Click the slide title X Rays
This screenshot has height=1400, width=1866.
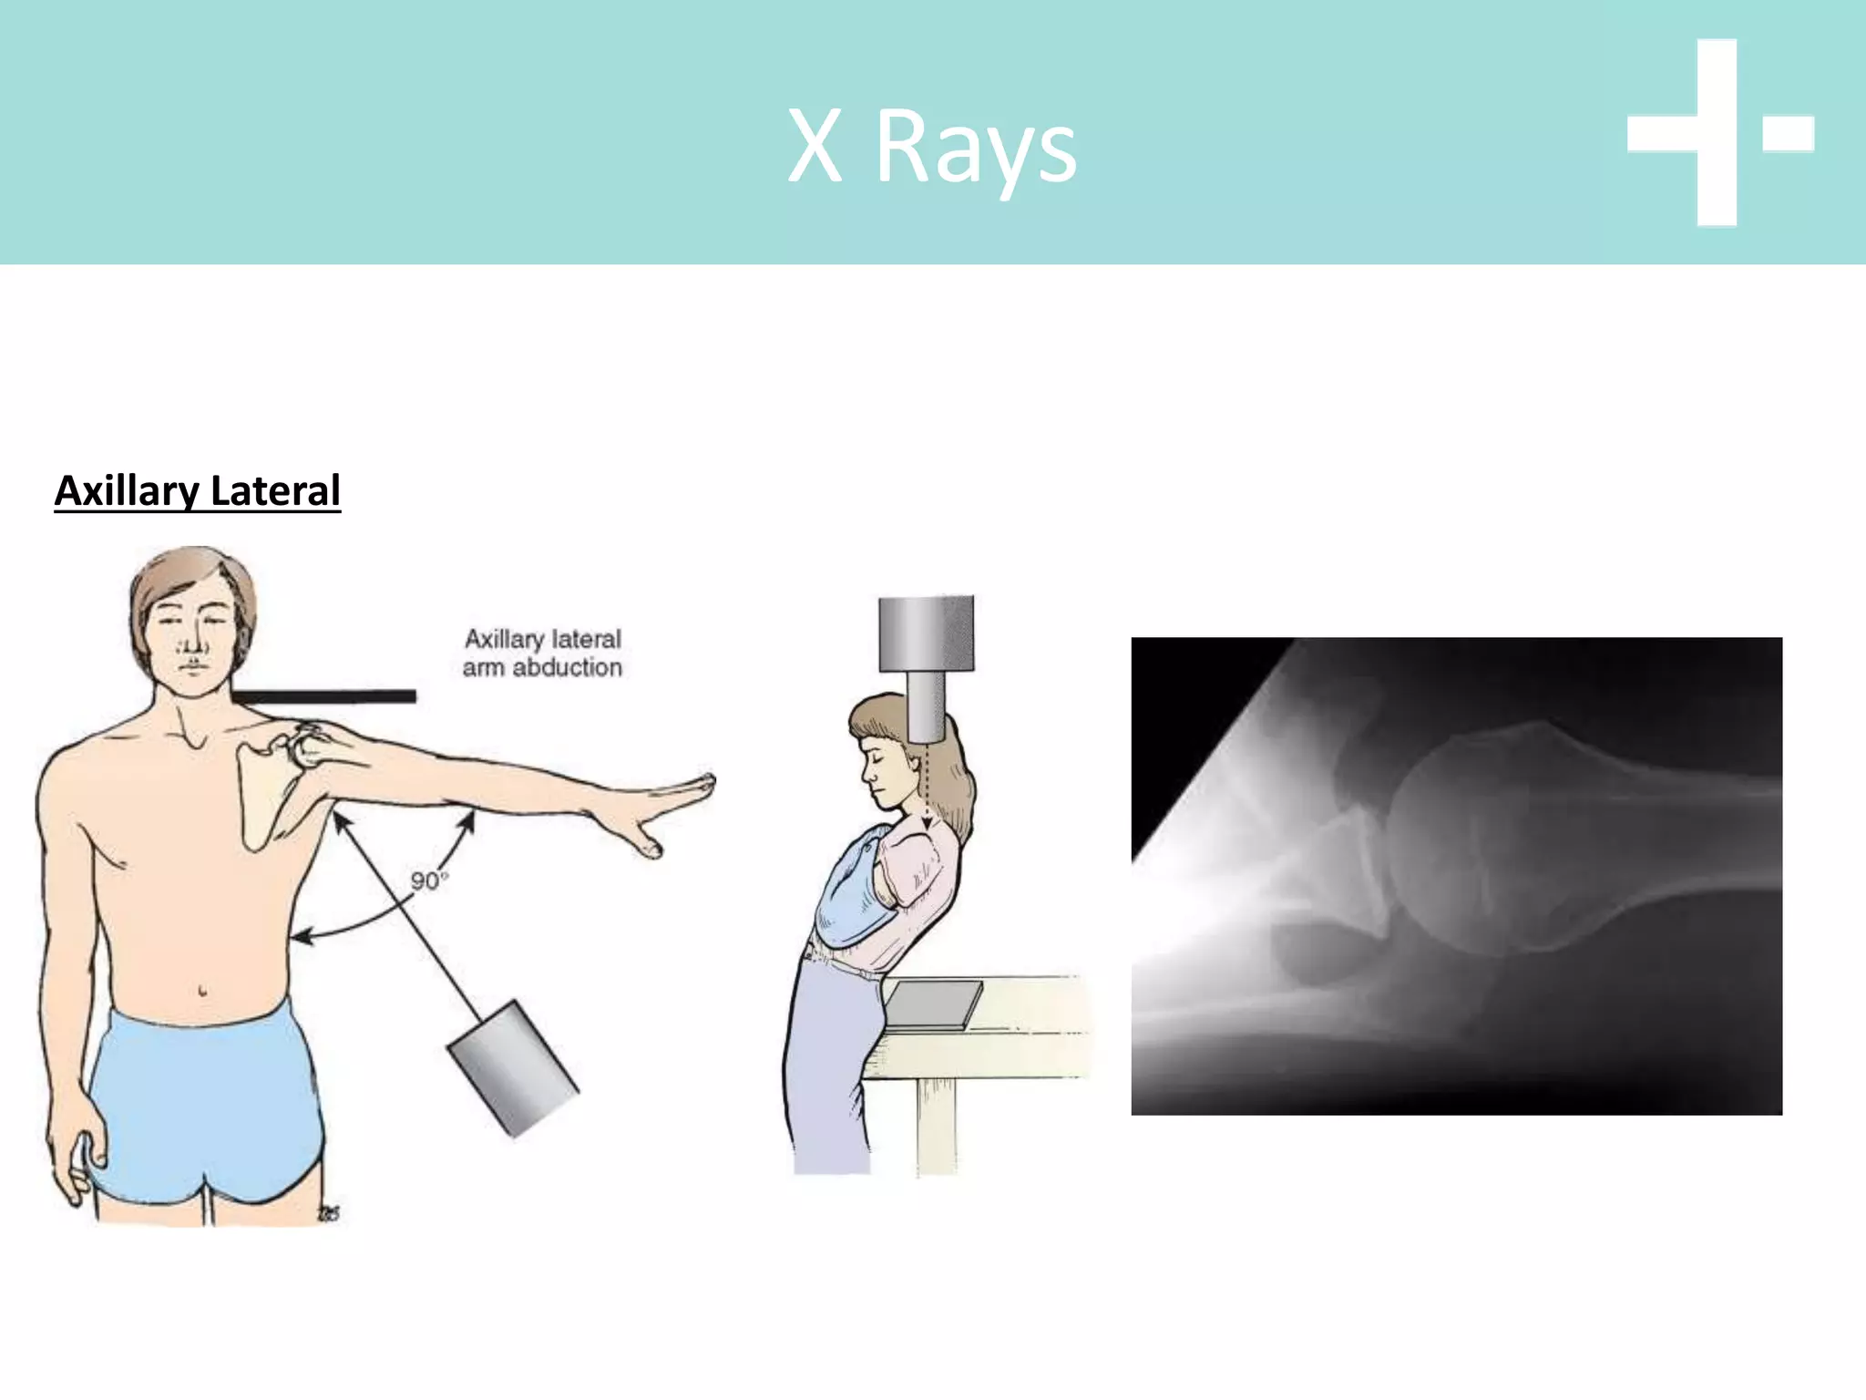click(x=931, y=146)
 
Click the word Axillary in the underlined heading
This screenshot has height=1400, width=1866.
click(x=127, y=492)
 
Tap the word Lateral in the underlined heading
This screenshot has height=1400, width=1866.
click(x=274, y=490)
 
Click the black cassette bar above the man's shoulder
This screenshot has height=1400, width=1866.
click(x=324, y=696)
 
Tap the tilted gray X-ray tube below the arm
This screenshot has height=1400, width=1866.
click(x=513, y=1067)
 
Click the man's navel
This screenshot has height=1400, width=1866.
click(x=201, y=990)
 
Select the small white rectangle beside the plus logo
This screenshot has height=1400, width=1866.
click(x=1788, y=133)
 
